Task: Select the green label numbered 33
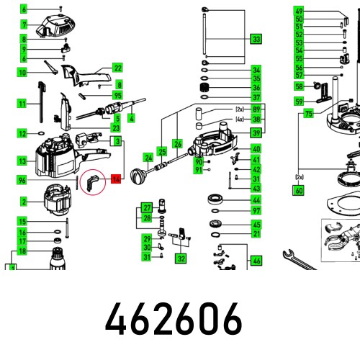[256, 39]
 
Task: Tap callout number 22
[117, 68]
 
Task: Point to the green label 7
[23, 24]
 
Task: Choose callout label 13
[23, 160]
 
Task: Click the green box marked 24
[148, 158]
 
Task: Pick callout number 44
[256, 199]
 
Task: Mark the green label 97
[256, 210]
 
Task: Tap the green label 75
[308, 114]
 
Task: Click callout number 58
[299, 86]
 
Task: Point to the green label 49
[299, 11]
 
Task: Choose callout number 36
[256, 87]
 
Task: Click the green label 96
[23, 180]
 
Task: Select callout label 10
[23, 73]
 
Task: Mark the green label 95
[117, 95]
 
